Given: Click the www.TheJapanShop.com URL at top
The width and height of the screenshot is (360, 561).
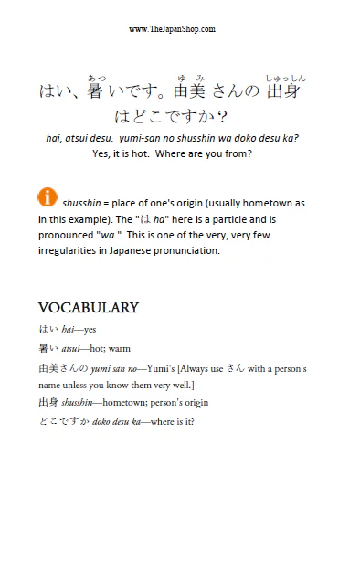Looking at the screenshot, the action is [x=172, y=29].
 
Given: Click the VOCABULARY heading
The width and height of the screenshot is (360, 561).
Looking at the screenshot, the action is [x=88, y=307].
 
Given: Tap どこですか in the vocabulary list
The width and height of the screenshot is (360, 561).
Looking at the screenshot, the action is [x=60, y=421].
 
